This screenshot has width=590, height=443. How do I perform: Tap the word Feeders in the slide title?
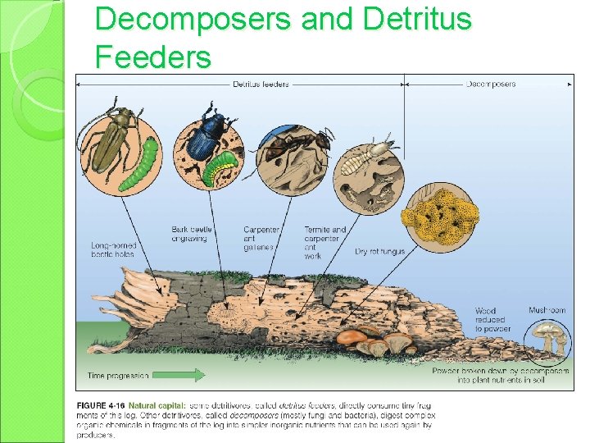(x=153, y=57)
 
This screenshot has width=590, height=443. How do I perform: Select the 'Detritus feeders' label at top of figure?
(x=261, y=84)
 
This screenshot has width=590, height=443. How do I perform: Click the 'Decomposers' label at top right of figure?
(x=491, y=84)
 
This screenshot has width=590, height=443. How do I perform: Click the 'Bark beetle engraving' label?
(x=191, y=234)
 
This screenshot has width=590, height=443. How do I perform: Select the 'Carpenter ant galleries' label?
(x=261, y=238)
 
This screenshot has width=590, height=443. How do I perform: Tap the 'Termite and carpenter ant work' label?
(x=325, y=243)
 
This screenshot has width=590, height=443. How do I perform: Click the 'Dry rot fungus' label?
(x=379, y=251)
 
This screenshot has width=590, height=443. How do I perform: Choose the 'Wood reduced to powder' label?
(x=492, y=320)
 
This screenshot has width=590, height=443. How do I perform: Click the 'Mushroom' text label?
(x=547, y=311)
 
